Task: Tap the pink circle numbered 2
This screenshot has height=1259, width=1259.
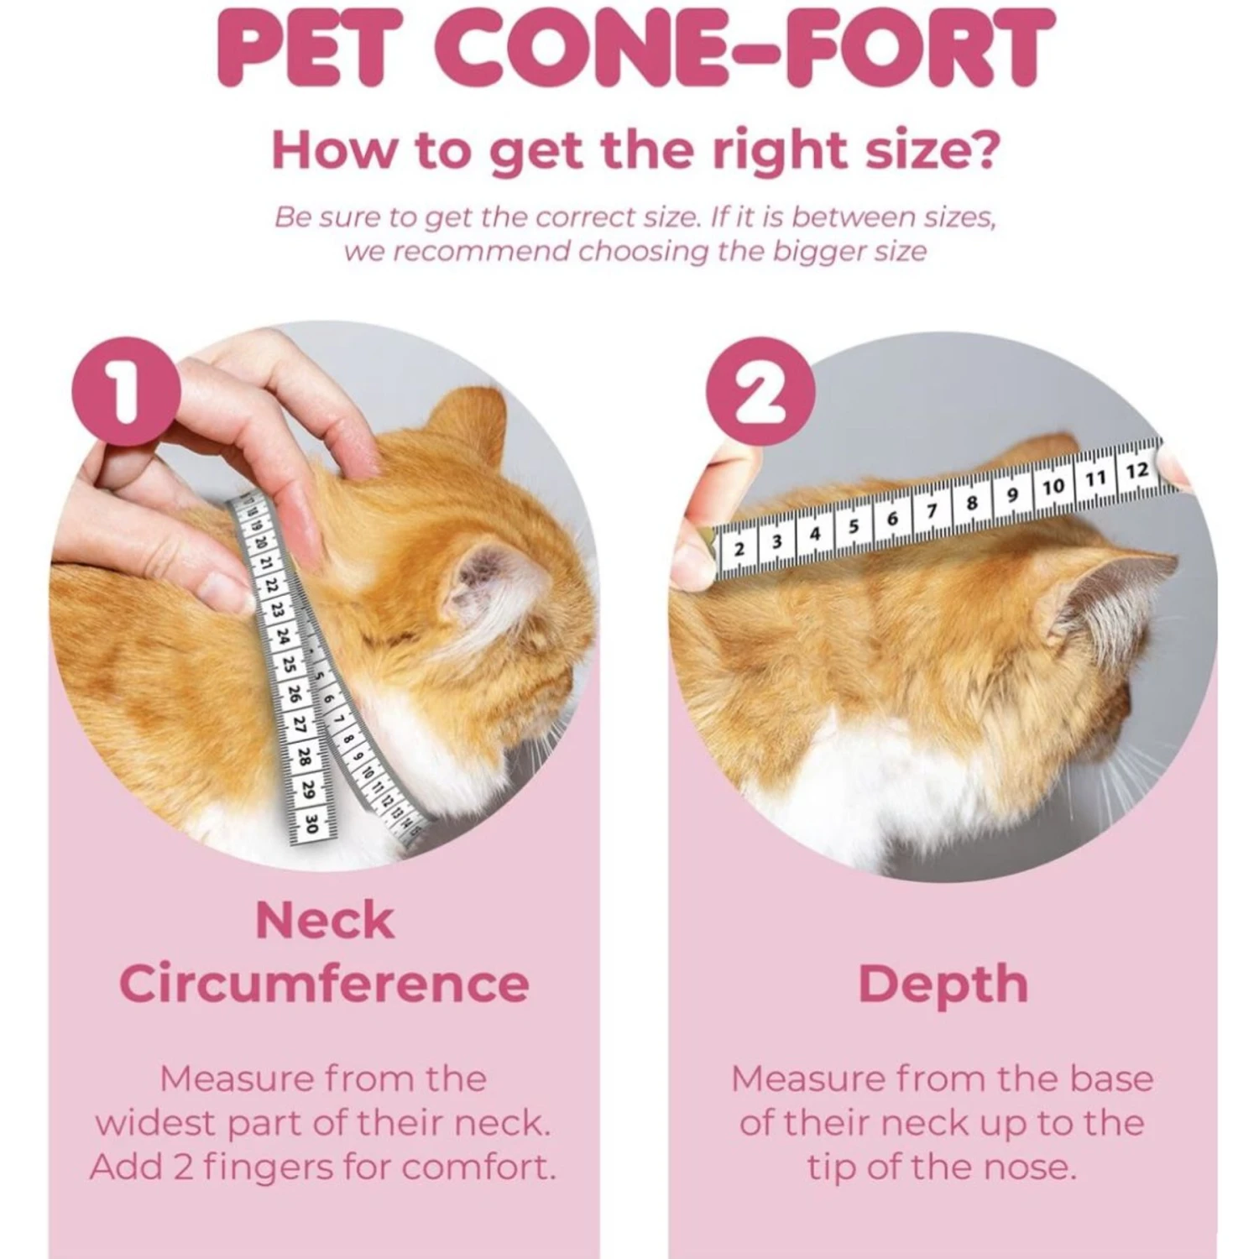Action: click(x=760, y=391)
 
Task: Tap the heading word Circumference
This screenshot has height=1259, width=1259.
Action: click(x=325, y=984)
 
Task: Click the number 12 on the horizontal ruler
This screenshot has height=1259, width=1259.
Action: click(x=1136, y=471)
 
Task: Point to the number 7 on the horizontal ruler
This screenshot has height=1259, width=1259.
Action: click(x=931, y=510)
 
